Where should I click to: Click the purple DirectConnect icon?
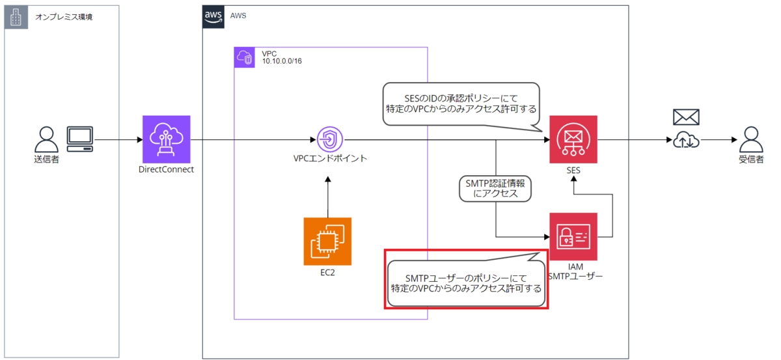click(x=167, y=139)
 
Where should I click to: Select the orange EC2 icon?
click(x=327, y=242)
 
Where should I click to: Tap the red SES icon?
click(x=573, y=139)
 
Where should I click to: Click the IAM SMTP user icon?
click(x=573, y=236)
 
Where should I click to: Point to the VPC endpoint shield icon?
click(x=329, y=139)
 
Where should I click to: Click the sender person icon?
click(x=46, y=139)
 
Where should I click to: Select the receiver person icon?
click(x=751, y=139)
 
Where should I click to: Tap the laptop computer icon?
click(x=80, y=139)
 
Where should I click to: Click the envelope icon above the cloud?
click(x=686, y=117)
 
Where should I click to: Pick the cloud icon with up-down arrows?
click(x=686, y=139)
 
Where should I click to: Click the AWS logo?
click(x=213, y=17)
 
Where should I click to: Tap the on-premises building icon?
click(x=16, y=17)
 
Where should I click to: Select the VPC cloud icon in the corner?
click(x=244, y=57)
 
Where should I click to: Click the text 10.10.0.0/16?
click(x=282, y=61)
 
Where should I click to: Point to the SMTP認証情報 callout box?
click(x=495, y=189)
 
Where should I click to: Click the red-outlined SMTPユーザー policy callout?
click(x=466, y=279)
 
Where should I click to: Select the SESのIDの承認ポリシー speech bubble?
click(x=461, y=105)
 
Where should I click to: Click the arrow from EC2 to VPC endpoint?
click(x=328, y=197)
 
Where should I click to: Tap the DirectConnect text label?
click(x=166, y=169)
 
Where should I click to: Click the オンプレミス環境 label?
click(x=64, y=17)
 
